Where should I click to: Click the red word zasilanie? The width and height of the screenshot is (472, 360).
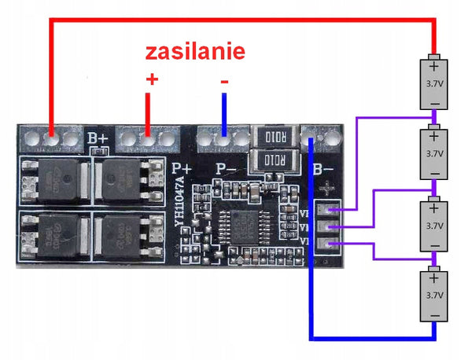pyautogui.click(x=194, y=53)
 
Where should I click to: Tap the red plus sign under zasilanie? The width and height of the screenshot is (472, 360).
pyautogui.click(x=153, y=80)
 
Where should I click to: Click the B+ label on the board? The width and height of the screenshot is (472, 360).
pyautogui.click(x=98, y=138)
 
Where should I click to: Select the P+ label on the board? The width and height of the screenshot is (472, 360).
pyautogui.click(x=182, y=167)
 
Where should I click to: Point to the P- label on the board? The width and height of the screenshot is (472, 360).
pyautogui.click(x=227, y=168)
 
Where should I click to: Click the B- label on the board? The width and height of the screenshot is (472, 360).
pyautogui.click(x=324, y=168)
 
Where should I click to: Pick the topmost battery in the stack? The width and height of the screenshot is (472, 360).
pyautogui.click(x=433, y=82)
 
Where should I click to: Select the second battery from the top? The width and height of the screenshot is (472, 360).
pyautogui.click(x=433, y=152)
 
